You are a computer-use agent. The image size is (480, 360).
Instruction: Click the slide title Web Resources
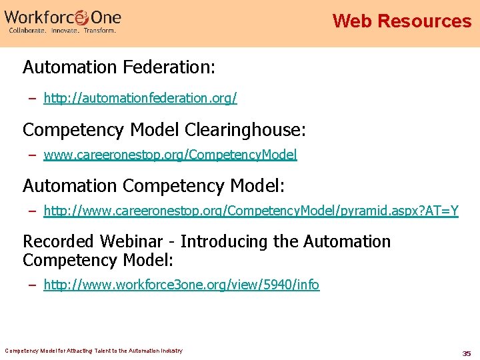401,21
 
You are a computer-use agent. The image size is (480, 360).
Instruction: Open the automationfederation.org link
140,99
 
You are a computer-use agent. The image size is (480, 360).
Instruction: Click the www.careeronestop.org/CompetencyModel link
170,155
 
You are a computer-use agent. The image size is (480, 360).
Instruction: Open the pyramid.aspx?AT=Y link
251,211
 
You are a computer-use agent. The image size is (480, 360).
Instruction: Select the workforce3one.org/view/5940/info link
181,285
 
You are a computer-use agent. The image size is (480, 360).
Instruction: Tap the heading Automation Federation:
118,67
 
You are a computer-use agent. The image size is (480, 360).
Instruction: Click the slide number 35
467,353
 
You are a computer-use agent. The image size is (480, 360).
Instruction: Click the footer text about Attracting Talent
93,351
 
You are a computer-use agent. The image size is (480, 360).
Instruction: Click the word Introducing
223,241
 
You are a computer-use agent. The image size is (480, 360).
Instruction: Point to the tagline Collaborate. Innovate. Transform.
62,31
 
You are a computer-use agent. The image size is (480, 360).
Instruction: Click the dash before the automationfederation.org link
31,99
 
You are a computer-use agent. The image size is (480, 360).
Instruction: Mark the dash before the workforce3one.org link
31,285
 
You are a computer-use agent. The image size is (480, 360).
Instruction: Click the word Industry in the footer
171,351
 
